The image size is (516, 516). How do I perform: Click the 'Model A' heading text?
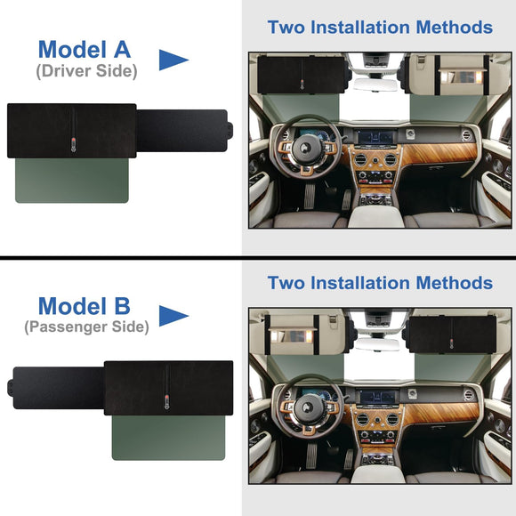pyautogui.click(x=85, y=49)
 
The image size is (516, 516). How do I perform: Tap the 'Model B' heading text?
pyautogui.click(x=85, y=306)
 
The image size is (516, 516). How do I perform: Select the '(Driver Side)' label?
pyautogui.click(x=86, y=71)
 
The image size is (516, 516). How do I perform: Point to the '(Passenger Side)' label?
pyautogui.click(x=86, y=327)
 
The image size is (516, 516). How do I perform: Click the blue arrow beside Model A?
pyautogui.click(x=173, y=60)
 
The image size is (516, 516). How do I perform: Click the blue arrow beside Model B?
pyautogui.click(x=173, y=316)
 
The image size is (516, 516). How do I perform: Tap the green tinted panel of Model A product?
pyautogui.click(x=72, y=181)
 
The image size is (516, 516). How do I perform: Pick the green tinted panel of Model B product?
pyautogui.click(x=168, y=438)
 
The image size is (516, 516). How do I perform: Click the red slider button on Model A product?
pyautogui.click(x=73, y=142)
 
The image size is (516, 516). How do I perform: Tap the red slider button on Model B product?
pyautogui.click(x=167, y=399)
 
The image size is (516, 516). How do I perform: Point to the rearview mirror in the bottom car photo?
pyautogui.click(x=377, y=344)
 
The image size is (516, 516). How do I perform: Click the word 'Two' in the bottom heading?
pyautogui.click(x=286, y=283)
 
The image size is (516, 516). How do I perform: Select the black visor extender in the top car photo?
pyautogui.click(x=302, y=75)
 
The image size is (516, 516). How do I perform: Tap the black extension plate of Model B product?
pyautogui.click(x=55, y=388)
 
